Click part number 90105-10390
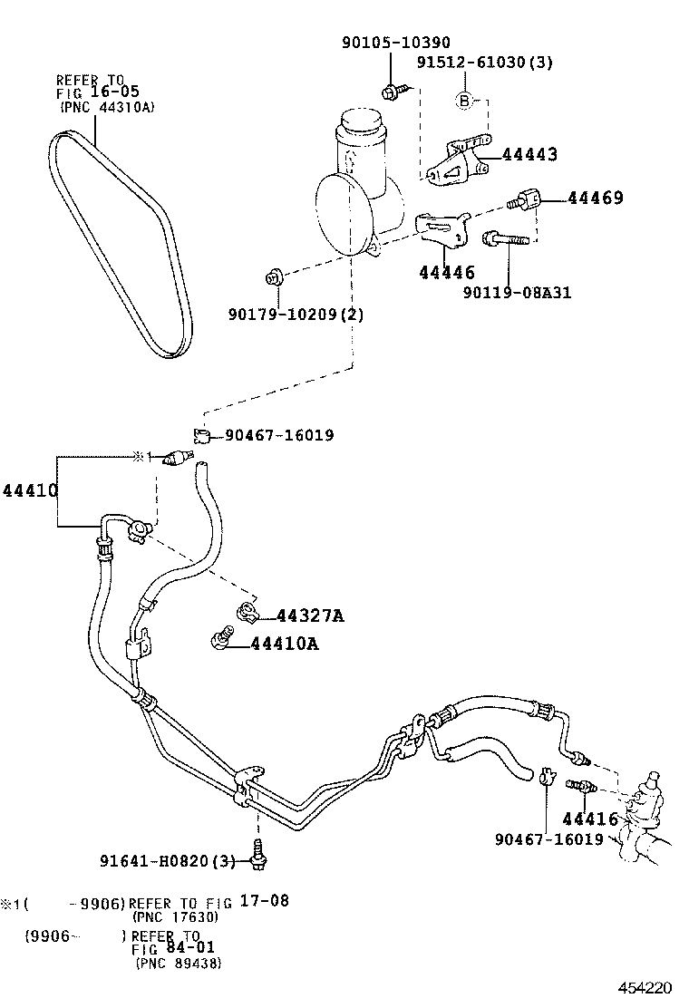click(x=395, y=43)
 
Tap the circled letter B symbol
click(x=463, y=101)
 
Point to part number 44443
click(x=529, y=155)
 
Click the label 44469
click(x=596, y=198)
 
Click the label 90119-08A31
click(x=517, y=292)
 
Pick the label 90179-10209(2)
click(x=295, y=315)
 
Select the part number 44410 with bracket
click(x=30, y=490)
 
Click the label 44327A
click(x=309, y=615)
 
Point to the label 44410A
click(x=285, y=644)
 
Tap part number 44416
click(x=589, y=819)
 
